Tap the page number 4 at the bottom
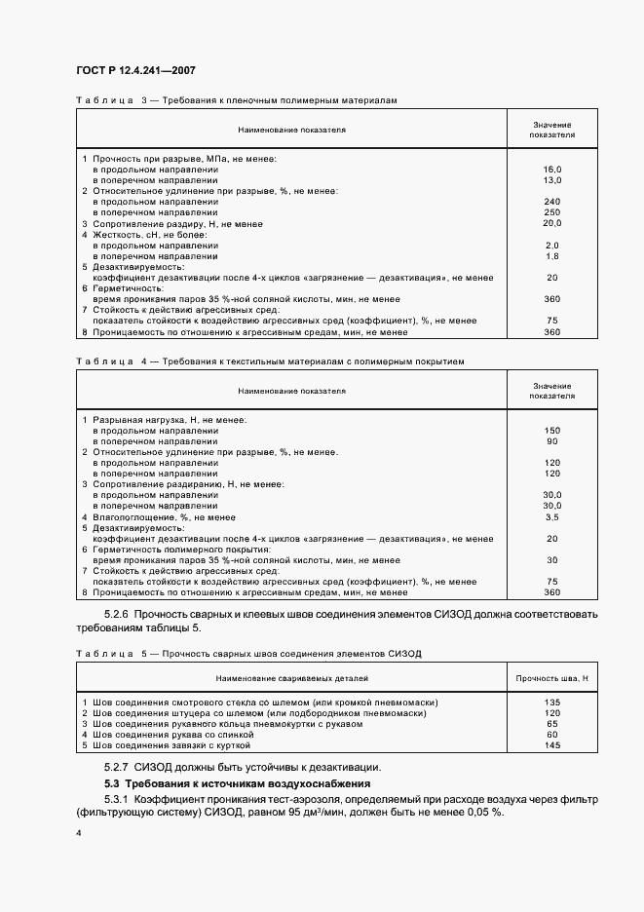(79, 834)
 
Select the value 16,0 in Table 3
(552, 170)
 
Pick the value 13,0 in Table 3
(552, 180)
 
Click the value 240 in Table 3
(552, 202)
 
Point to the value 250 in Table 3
(552, 212)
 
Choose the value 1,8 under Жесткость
(552, 255)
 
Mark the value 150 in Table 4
(552, 431)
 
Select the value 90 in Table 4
(552, 441)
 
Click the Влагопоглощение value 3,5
(552, 517)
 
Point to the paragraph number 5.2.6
(116, 615)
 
